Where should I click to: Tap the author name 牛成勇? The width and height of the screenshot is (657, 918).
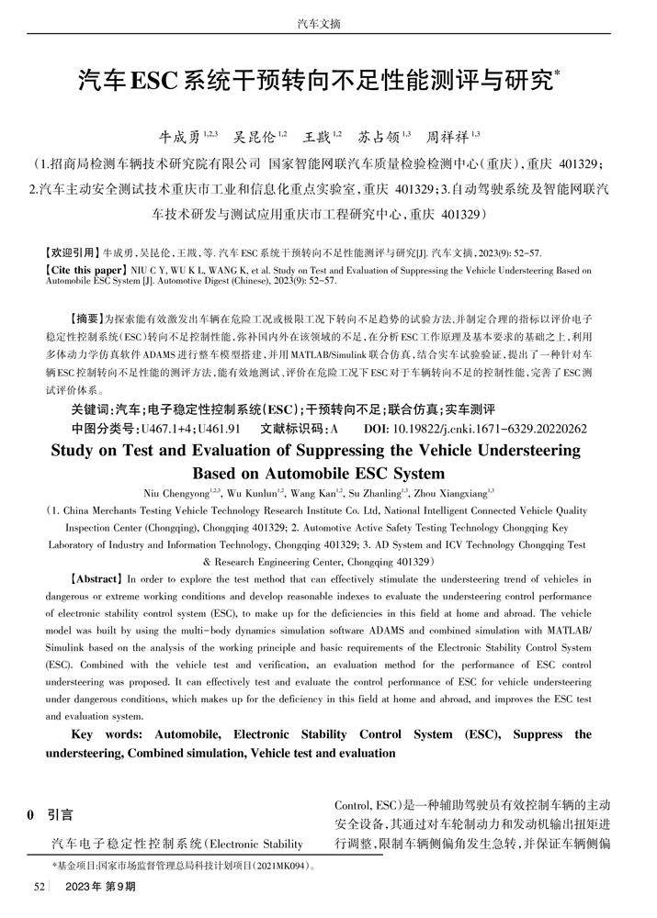pyautogui.click(x=179, y=139)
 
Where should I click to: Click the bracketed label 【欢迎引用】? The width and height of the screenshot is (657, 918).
pyautogui.click(x=74, y=252)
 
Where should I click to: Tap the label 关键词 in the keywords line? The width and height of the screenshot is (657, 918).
pyautogui.click(x=92, y=409)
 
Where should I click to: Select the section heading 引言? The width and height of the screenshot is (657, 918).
pyautogui.click(x=61, y=813)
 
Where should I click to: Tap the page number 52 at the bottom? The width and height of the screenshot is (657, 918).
pyautogui.click(x=40, y=887)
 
